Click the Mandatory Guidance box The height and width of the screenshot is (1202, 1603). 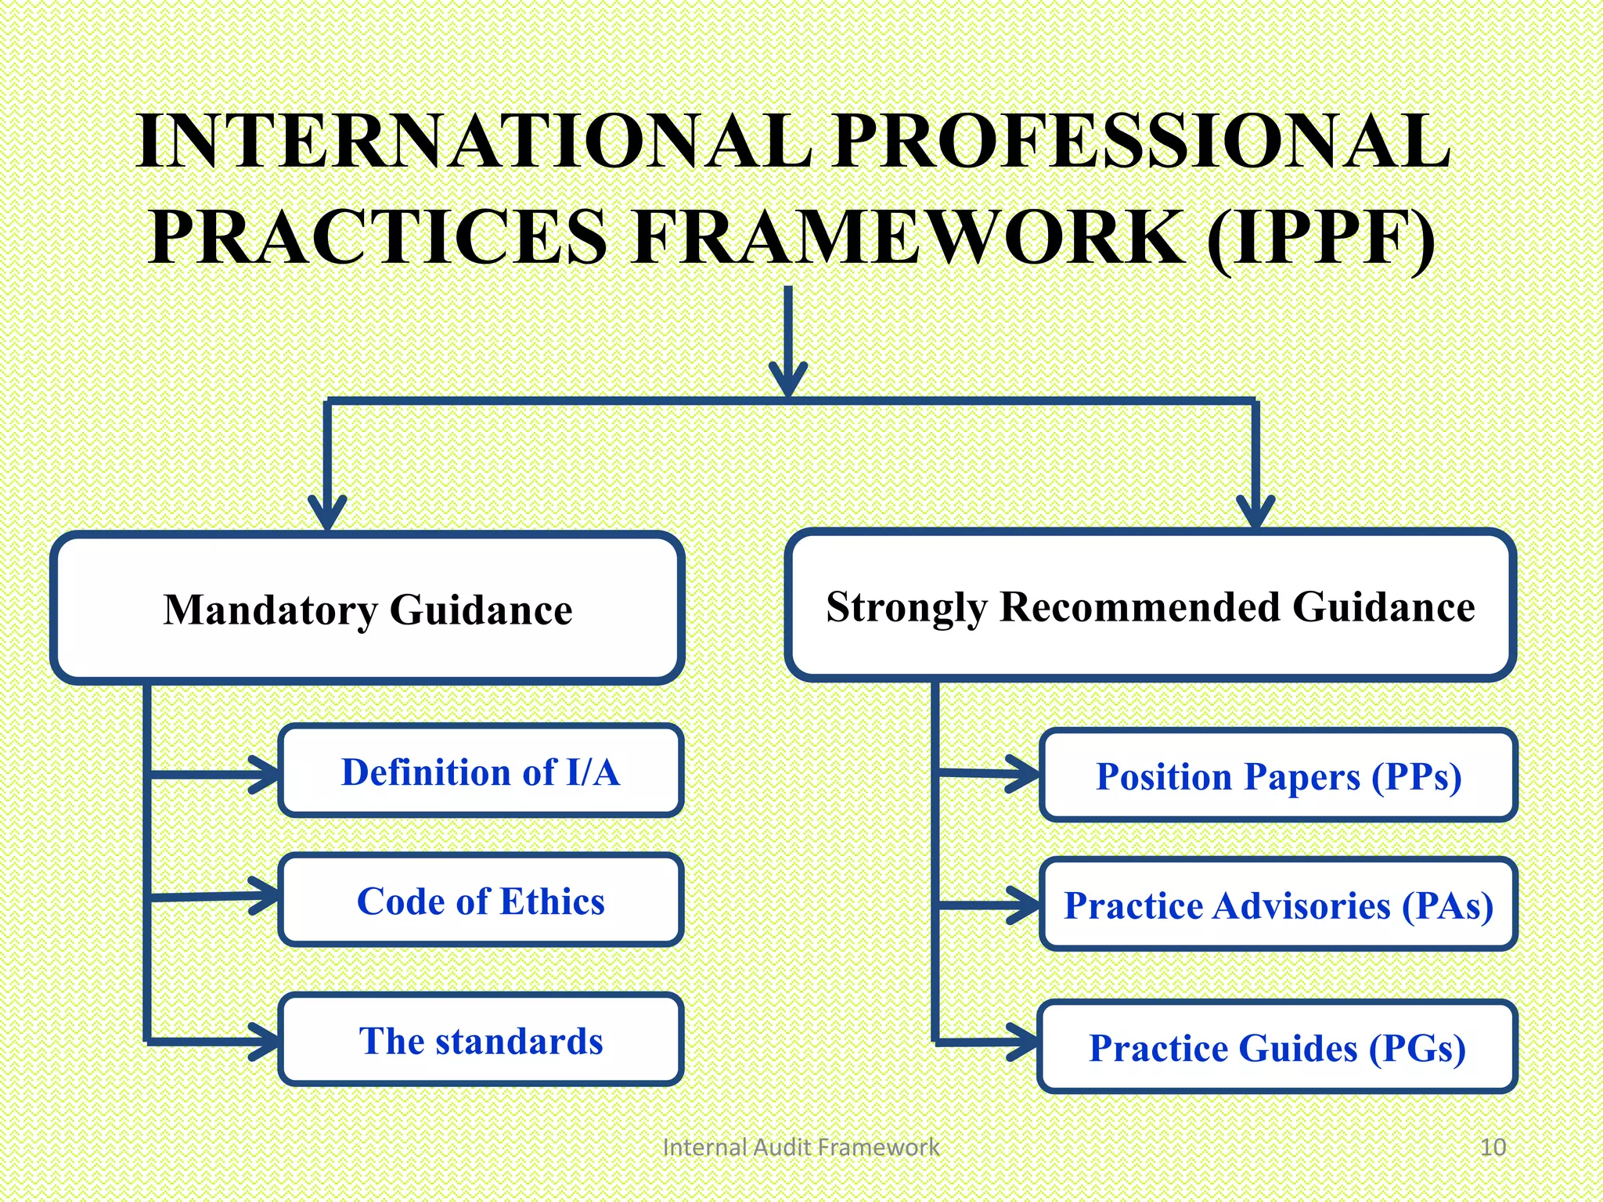pyautogui.click(x=367, y=608)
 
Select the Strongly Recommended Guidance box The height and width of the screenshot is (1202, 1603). pyautogui.click(x=1150, y=605)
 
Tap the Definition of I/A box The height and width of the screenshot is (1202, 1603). pyautogui.click(x=481, y=772)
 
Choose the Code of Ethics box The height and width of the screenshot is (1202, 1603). pyautogui.click(x=481, y=901)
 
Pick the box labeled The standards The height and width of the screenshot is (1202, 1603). pyautogui.click(x=481, y=1040)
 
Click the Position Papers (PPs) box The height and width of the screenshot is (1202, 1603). pyautogui.click(x=1278, y=776)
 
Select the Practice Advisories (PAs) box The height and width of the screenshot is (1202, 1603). pyautogui.click(x=1278, y=905)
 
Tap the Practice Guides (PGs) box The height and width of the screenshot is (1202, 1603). pyautogui.click(x=1277, y=1047)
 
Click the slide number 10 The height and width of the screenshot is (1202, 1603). pyautogui.click(x=1493, y=1147)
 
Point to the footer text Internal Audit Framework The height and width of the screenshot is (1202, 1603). pyautogui.click(x=800, y=1147)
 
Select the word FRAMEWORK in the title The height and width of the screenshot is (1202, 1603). pyautogui.click(x=908, y=236)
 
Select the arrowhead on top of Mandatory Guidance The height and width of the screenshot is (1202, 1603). pyautogui.click(x=327, y=515)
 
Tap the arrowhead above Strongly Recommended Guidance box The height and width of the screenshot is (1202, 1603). pyautogui.click(x=1255, y=513)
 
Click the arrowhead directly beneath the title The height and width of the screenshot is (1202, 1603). pyautogui.click(x=788, y=380)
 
